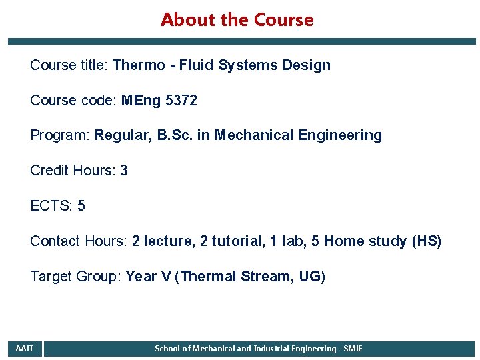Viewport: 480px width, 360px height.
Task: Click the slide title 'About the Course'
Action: [237, 20]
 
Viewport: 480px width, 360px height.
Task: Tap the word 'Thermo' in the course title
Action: [139, 65]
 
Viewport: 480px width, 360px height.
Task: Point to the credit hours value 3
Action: [124, 171]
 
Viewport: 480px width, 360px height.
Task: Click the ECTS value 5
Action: [81, 206]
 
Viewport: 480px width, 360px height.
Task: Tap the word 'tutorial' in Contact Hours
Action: [237, 241]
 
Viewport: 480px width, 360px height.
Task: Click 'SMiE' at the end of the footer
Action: [353, 349]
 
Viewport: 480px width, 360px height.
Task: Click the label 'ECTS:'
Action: [52, 206]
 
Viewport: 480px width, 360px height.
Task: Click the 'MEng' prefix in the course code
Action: [139, 101]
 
